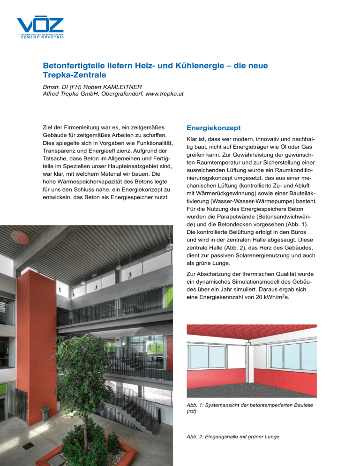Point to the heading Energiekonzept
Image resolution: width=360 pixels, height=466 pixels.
[213, 128]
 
